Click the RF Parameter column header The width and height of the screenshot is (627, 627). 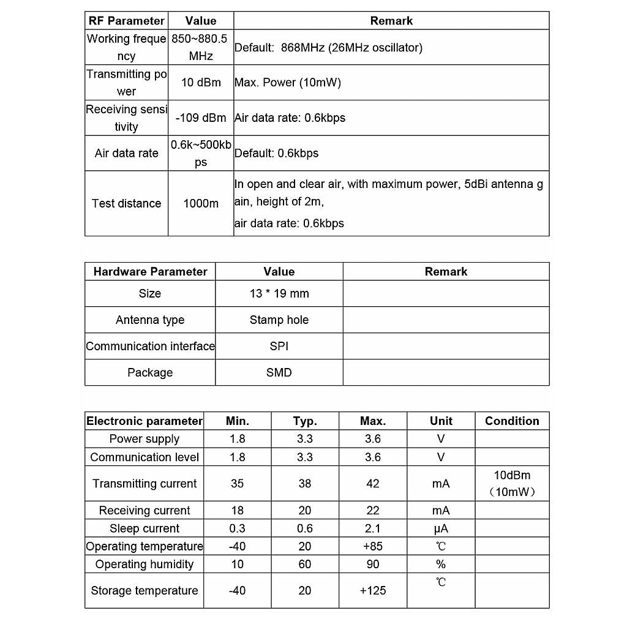tap(127, 21)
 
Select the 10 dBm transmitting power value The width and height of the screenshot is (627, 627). tap(201, 83)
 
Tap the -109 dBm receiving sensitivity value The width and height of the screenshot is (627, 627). tap(201, 118)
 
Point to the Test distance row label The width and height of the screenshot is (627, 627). tap(126, 204)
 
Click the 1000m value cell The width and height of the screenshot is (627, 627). tap(201, 204)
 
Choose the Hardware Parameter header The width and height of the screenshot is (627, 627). tap(150, 272)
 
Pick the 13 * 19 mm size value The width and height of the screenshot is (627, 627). tap(279, 294)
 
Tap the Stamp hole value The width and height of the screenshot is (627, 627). tap(279, 320)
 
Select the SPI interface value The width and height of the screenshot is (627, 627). tap(279, 347)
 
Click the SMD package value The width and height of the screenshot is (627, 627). tap(279, 373)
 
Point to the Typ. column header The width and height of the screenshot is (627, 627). tap(305, 421)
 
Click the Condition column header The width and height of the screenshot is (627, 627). tap(512, 421)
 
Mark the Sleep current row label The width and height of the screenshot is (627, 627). tap(145, 529)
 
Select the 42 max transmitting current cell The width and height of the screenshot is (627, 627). tap(373, 484)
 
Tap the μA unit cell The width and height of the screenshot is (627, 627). tap(441, 529)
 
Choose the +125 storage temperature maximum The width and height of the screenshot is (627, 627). tap(373, 591)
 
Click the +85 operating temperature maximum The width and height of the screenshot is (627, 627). tap(373, 547)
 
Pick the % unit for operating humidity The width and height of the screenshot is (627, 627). tap(441, 565)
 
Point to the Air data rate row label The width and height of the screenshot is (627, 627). tap(126, 154)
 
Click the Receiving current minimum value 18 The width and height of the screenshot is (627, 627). tap(237, 511)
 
